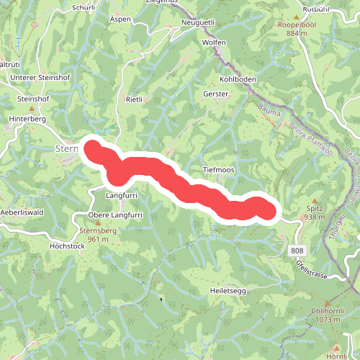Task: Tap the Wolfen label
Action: (x=214, y=42)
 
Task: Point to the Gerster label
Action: (x=215, y=94)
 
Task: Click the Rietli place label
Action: (x=135, y=99)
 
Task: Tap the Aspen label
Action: (x=121, y=20)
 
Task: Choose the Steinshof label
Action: (x=32, y=98)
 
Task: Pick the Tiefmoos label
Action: (x=220, y=169)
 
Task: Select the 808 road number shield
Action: (x=297, y=249)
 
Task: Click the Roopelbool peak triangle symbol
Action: (x=296, y=16)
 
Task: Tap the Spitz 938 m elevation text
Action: (x=315, y=217)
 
